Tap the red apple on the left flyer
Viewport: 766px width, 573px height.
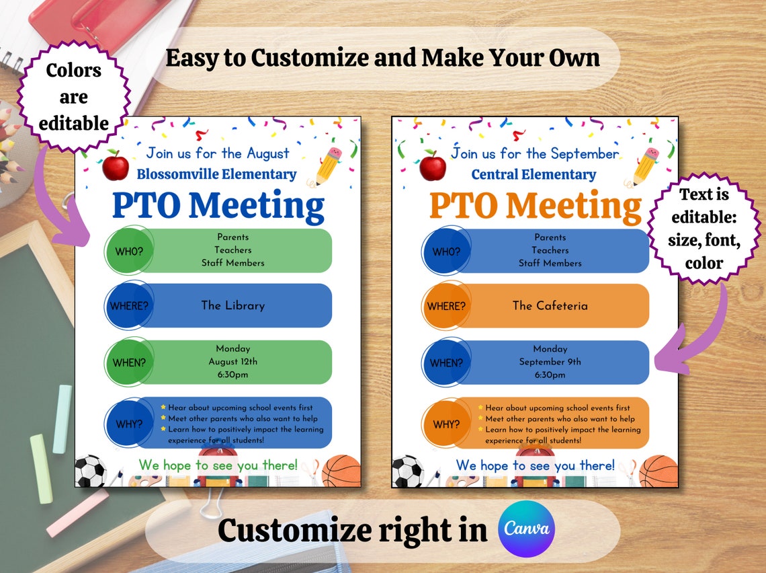pos(116,165)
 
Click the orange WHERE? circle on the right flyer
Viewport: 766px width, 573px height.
pos(445,306)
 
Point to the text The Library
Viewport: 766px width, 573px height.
pos(233,305)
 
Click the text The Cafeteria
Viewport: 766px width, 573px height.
pos(550,305)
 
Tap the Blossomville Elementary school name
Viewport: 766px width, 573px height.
pos(216,174)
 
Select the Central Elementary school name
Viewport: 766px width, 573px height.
pos(534,174)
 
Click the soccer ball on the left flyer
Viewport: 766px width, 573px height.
pos(90,471)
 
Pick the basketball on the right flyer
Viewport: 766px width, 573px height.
pos(658,471)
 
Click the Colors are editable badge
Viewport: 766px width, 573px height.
pos(73,97)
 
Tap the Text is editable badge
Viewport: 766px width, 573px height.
pos(703,228)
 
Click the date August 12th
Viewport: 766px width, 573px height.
pos(233,362)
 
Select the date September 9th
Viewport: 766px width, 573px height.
pos(550,362)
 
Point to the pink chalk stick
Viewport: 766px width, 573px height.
pos(77,512)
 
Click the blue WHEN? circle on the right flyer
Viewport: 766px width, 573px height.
pos(445,362)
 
